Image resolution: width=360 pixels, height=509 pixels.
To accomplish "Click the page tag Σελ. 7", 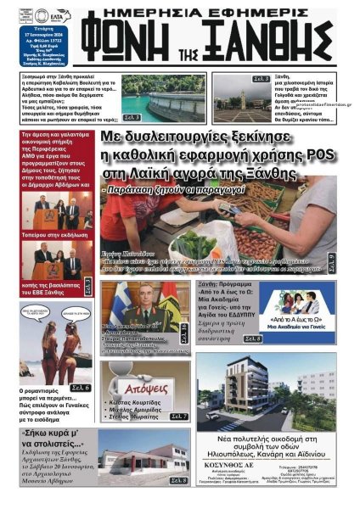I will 178,417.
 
